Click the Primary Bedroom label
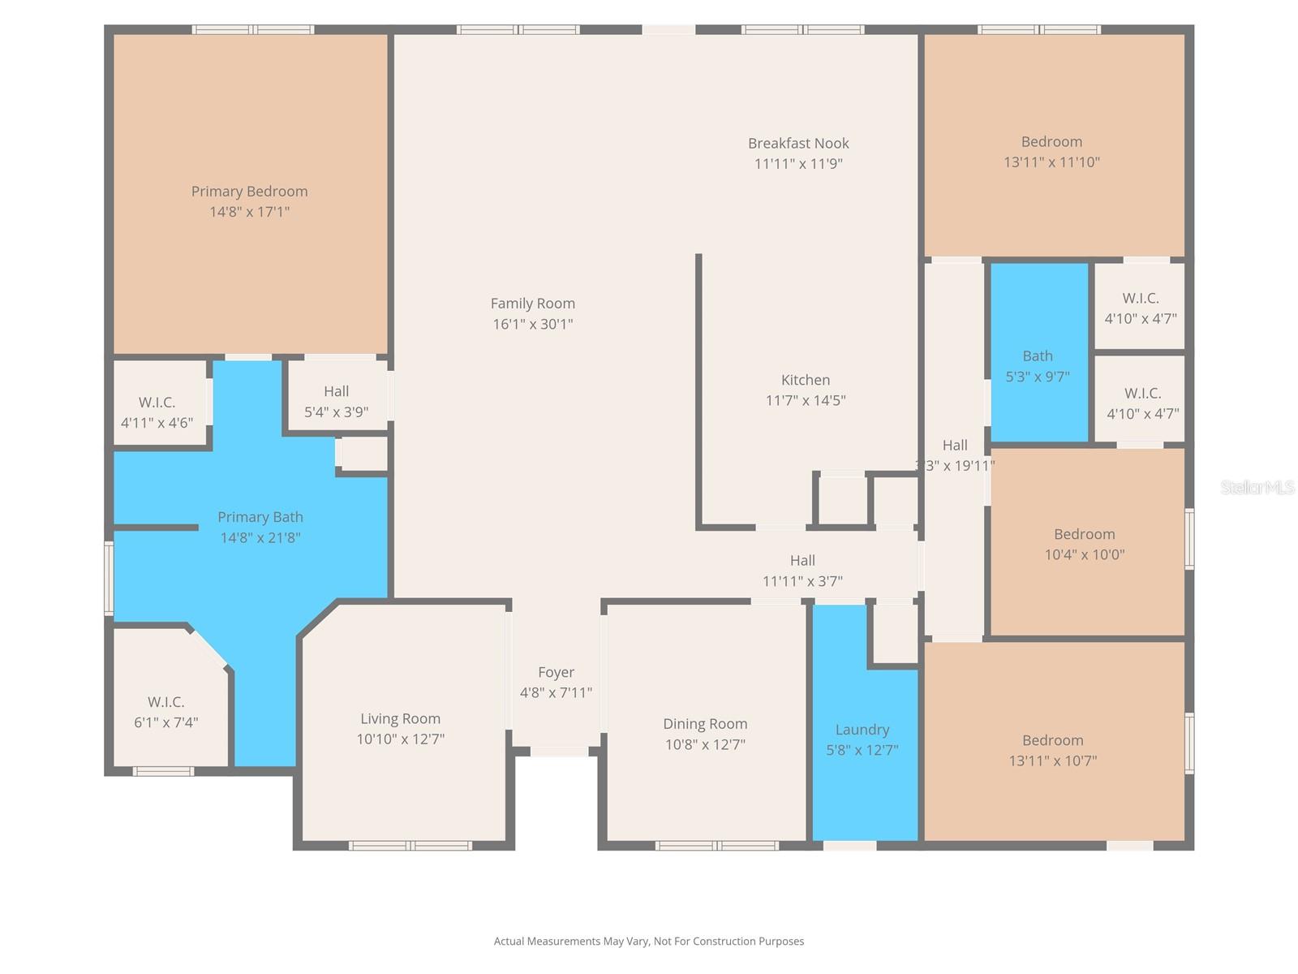[x=249, y=192]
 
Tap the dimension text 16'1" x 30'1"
[x=533, y=324]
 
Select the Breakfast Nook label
[x=798, y=144]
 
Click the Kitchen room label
[x=805, y=380]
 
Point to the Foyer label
[x=556, y=672]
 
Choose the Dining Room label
[x=705, y=724]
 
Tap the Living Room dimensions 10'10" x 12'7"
[x=401, y=739]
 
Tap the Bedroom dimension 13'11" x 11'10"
[x=1051, y=162]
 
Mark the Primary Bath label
[x=260, y=517]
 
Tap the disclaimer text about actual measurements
[x=649, y=942]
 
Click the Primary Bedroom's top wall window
[x=253, y=30]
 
